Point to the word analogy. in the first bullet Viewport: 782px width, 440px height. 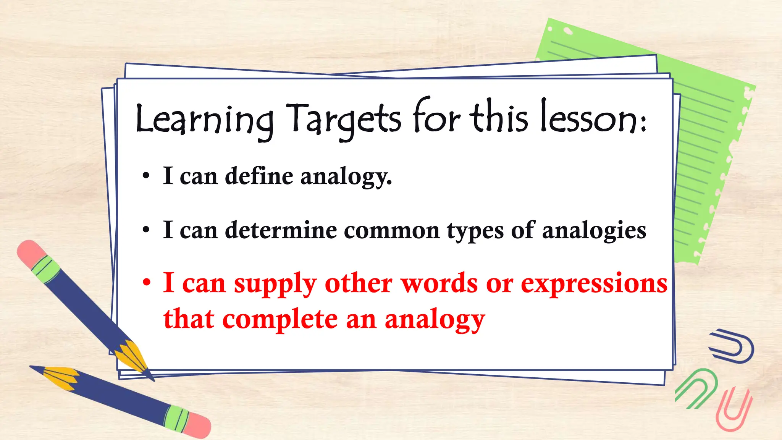pos(346,178)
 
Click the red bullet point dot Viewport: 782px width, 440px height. pos(147,283)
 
